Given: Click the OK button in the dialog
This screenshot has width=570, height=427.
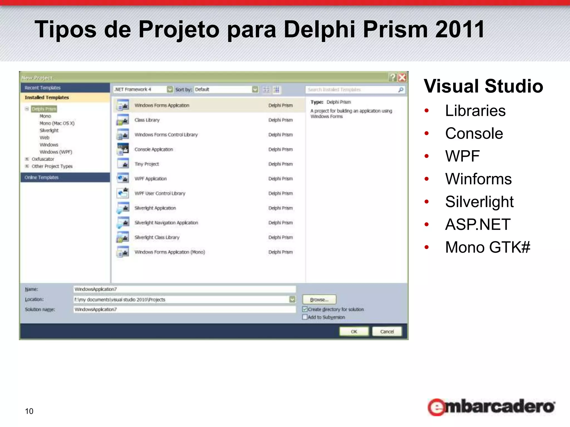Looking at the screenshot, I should click(x=354, y=331).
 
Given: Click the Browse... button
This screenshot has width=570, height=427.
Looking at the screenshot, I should click(x=319, y=300).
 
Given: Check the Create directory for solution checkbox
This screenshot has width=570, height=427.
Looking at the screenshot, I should click(x=305, y=309).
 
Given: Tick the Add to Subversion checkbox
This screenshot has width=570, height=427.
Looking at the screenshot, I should click(x=305, y=317).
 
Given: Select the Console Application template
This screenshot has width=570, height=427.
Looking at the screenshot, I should click(x=154, y=149).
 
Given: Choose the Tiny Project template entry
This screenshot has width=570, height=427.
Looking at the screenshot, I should click(x=147, y=164).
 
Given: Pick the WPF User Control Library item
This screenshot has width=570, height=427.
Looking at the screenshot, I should click(x=160, y=193).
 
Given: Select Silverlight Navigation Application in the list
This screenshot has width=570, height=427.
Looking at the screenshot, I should click(x=166, y=223).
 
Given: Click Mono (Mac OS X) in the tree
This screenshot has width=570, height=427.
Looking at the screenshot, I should click(x=57, y=123).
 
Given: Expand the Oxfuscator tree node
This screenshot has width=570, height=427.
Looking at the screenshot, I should click(x=27, y=159).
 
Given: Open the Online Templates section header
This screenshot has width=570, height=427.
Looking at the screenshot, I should click(x=41, y=177).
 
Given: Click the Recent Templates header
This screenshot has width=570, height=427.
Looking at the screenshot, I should click(x=42, y=88).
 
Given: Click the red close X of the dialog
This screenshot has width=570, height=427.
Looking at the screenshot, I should click(x=402, y=77).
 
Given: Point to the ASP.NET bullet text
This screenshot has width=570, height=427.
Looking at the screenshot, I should click(x=478, y=224).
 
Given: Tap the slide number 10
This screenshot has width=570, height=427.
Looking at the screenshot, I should click(x=29, y=411).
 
